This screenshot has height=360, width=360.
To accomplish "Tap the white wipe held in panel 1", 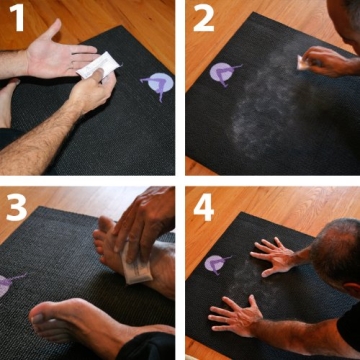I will pyautogui.click(x=101, y=67).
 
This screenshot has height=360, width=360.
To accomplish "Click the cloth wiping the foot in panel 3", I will pyautogui.click(x=137, y=262).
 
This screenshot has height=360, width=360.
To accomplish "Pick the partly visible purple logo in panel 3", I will pyautogui.click(x=6, y=284).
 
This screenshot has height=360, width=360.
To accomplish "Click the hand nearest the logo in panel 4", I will pyautogui.click(x=271, y=257).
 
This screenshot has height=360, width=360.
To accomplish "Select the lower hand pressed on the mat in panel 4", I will pyautogui.click(x=238, y=319).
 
